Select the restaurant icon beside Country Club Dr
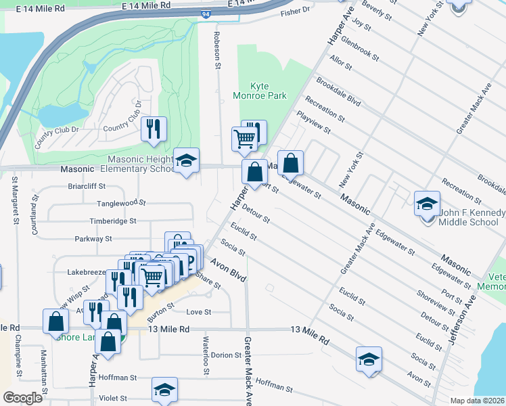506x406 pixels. [x=154, y=129]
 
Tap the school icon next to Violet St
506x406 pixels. [x=164, y=390]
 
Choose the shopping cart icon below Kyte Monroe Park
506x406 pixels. [x=244, y=139]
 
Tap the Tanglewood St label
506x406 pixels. [x=122, y=202]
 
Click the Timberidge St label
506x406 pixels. [x=114, y=221]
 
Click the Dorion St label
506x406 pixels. [x=222, y=355]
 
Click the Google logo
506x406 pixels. [x=22, y=398]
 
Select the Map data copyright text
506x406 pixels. [x=477, y=401]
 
